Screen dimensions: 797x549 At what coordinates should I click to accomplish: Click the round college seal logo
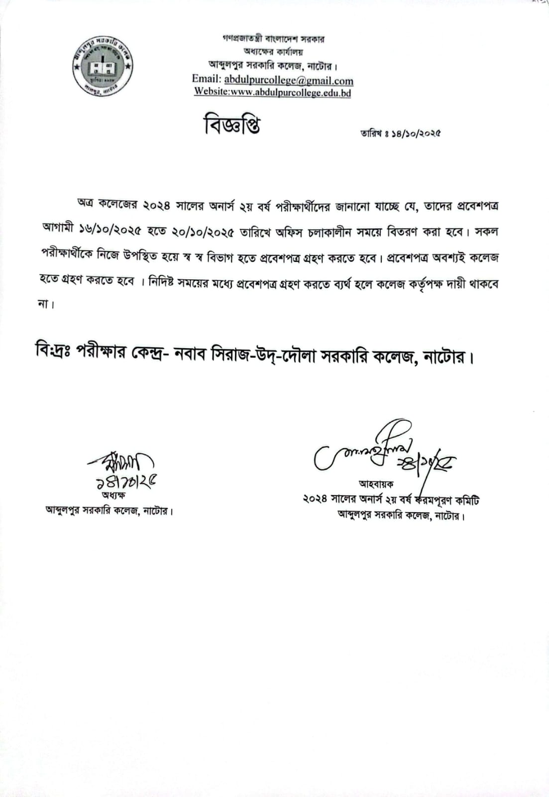click(103, 66)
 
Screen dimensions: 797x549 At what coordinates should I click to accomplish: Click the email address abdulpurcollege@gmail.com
click(289, 80)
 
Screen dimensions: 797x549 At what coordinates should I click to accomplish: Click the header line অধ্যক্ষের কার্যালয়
click(273, 52)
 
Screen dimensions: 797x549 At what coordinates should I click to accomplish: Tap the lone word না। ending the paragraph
click(46, 305)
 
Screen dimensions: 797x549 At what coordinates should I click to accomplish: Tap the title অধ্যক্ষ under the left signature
click(113, 495)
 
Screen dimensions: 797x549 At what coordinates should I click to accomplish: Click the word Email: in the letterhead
click(206, 80)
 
